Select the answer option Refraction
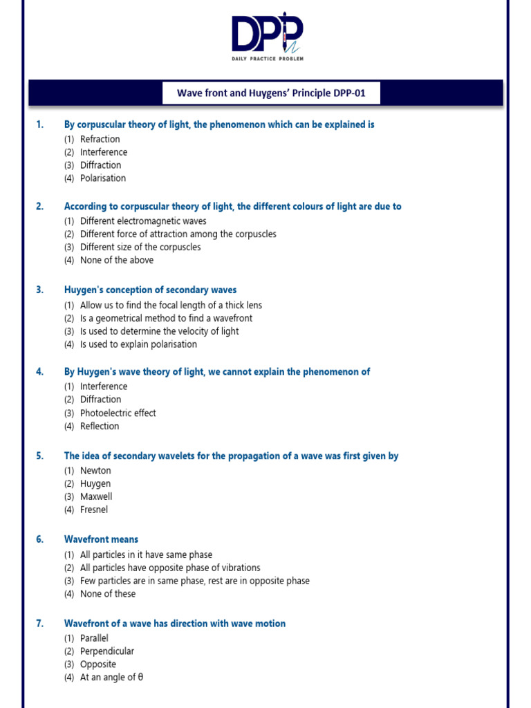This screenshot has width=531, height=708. pyautogui.click(x=100, y=139)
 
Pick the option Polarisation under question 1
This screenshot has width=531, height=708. pyautogui.click(x=103, y=178)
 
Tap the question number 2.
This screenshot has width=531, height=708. pyautogui.click(x=40, y=206)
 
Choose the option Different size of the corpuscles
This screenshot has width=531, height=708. pyautogui.click(x=140, y=247)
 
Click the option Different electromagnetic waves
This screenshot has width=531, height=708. pyautogui.click(x=142, y=221)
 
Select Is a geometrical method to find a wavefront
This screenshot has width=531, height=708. pyautogui.click(x=166, y=318)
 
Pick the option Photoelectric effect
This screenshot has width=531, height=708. pyautogui.click(x=118, y=413)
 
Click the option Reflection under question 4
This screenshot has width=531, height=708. pyautogui.click(x=100, y=426)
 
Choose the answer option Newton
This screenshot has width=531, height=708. pyautogui.click(x=95, y=471)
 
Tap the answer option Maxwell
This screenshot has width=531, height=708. pyautogui.click(x=96, y=496)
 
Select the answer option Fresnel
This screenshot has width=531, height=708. pyautogui.click(x=94, y=510)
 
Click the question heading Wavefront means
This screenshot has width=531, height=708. pyautogui.click(x=101, y=539)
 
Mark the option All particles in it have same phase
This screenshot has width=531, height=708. pyautogui.click(x=146, y=555)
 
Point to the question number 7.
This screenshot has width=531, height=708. pyautogui.click(x=40, y=624)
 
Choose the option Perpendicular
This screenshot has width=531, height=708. pyautogui.click(x=107, y=651)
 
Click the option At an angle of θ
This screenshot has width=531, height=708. pyautogui.click(x=111, y=678)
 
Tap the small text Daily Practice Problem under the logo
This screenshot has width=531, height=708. pyautogui.click(x=267, y=59)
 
